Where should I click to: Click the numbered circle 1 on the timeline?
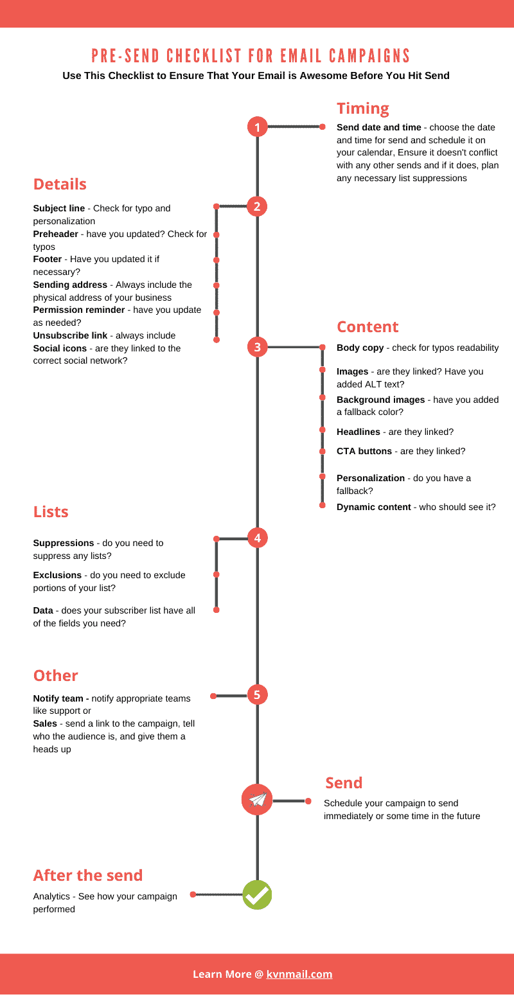(x=258, y=127)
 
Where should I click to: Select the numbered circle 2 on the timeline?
(x=257, y=206)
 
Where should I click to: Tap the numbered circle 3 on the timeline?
(x=258, y=347)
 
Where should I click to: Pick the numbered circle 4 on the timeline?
(x=258, y=538)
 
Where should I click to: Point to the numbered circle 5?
(x=257, y=695)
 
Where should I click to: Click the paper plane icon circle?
(x=257, y=800)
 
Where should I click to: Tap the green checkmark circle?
(x=257, y=895)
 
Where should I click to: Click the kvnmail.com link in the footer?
(x=299, y=974)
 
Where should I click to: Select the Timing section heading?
(x=363, y=109)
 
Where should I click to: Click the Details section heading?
(x=60, y=184)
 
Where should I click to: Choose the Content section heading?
(x=368, y=327)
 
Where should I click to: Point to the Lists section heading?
(x=51, y=511)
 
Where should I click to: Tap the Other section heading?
(x=56, y=676)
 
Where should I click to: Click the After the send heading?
(x=88, y=876)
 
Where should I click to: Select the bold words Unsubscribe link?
(x=70, y=335)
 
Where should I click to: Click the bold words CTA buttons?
(x=364, y=451)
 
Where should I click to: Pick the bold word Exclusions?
(x=57, y=575)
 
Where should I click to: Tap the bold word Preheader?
(x=55, y=234)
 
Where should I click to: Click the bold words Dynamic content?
(x=374, y=507)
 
